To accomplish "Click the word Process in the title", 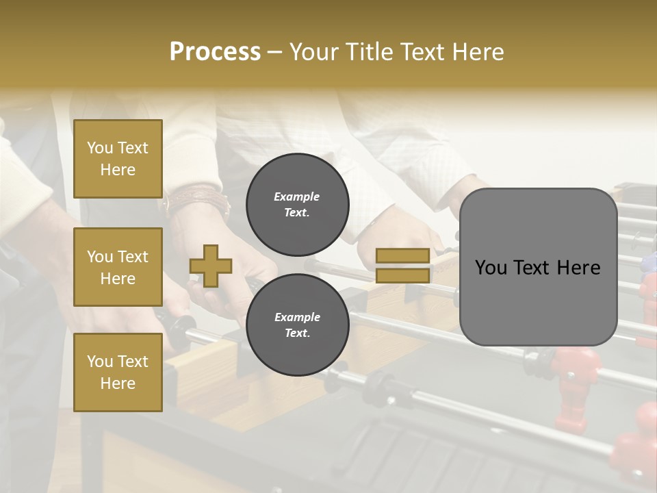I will point(215,52).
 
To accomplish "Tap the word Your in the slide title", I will point(315,52).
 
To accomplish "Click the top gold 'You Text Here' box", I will point(118,159).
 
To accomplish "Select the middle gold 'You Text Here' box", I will point(118,267).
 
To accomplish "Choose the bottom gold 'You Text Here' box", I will point(118,372).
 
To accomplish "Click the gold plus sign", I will point(211,266).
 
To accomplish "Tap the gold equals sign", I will point(403,266).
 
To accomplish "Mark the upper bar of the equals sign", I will point(403,255).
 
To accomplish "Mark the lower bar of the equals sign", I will point(403,276).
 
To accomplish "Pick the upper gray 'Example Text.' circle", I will point(297,205).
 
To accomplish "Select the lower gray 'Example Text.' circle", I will point(297,325).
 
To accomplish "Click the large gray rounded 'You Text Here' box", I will point(538,267).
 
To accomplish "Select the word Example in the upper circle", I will point(297,197).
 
